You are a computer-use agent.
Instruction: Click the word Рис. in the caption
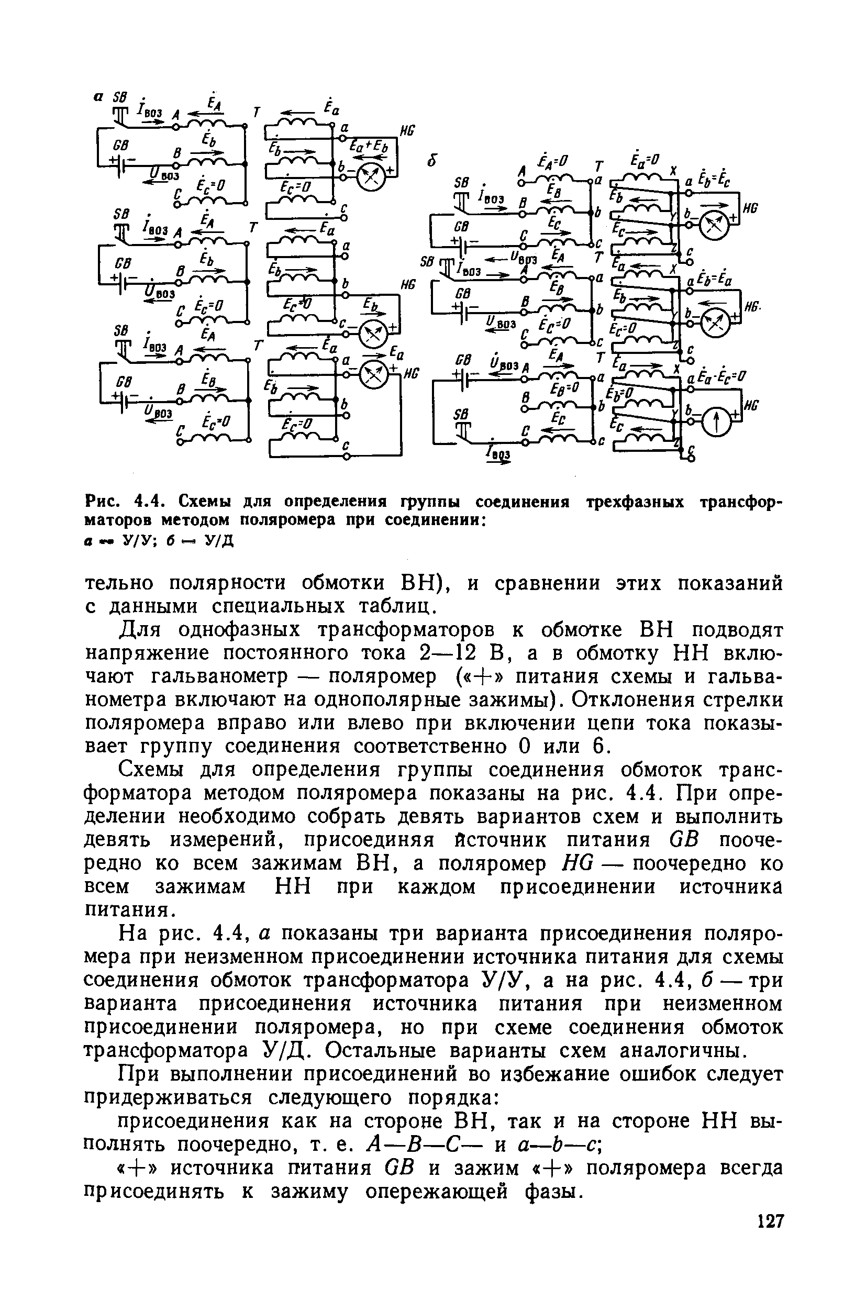tap(100, 503)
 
